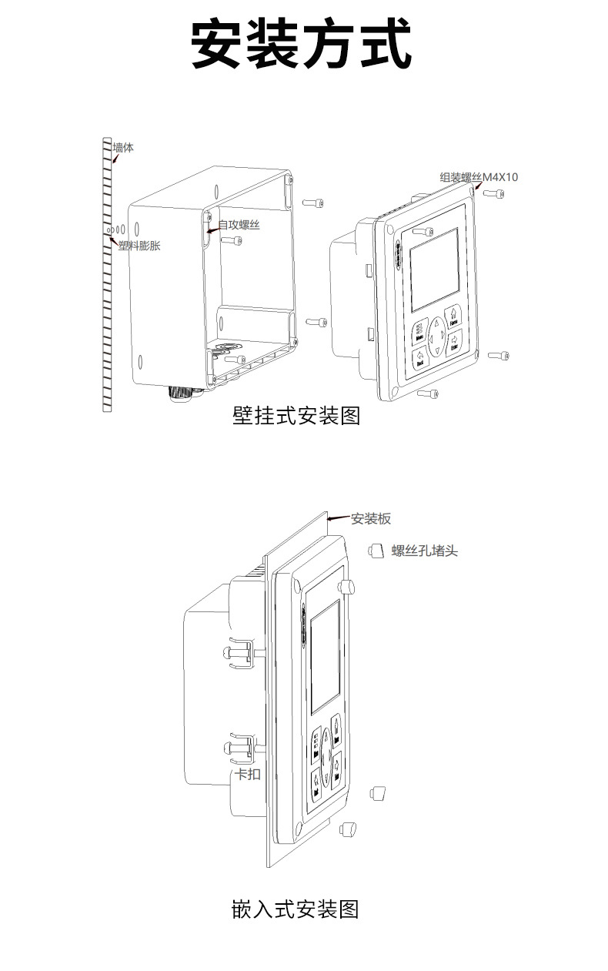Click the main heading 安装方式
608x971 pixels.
[301, 45]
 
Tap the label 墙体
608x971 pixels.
[123, 147]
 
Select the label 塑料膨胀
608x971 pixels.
[139, 246]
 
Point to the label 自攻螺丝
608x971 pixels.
[239, 225]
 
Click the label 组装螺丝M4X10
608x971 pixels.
[479, 177]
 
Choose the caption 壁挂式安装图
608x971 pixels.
[296, 417]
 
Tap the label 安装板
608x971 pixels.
[371, 519]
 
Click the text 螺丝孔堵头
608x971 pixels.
[424, 551]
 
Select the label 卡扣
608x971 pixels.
[247, 774]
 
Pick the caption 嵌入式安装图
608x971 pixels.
[296, 909]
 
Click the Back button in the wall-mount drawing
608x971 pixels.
[420, 357]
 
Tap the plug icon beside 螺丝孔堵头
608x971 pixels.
[376, 550]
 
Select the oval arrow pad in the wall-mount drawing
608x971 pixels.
[436, 337]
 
